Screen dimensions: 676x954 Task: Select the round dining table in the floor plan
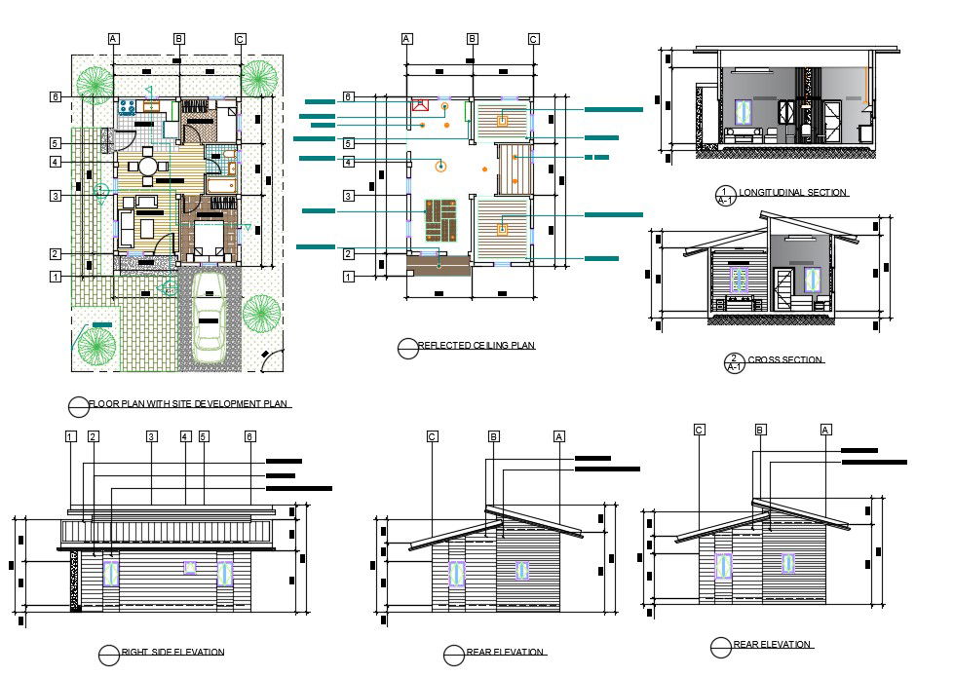tap(148, 167)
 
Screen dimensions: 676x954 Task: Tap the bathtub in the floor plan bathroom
tap(220, 185)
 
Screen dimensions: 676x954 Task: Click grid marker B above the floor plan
tap(179, 39)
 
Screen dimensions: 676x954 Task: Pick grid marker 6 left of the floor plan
tap(56, 96)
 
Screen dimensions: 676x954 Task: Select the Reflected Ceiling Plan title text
tap(476, 346)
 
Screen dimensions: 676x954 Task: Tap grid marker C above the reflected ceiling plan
tap(533, 39)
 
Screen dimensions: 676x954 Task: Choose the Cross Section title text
tap(785, 360)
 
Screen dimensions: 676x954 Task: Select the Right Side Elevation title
tap(172, 652)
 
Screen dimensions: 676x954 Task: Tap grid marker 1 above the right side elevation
tap(71, 436)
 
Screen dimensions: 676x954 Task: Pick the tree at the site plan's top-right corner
tap(258, 78)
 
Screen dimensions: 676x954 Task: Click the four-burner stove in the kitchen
tap(126, 106)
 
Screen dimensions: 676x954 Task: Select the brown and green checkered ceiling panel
tap(441, 220)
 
